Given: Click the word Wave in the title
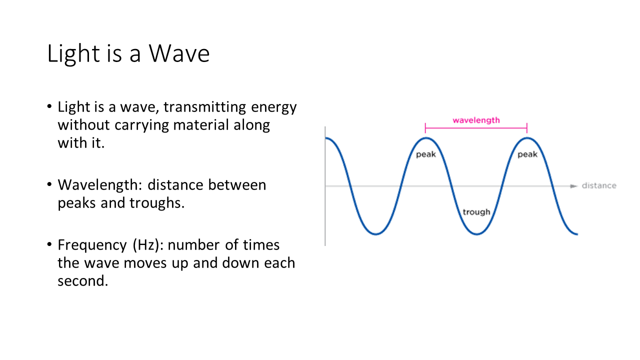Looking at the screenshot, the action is coord(179,53).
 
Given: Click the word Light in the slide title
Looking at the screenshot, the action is coord(73,54).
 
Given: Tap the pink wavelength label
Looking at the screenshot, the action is coord(476,120).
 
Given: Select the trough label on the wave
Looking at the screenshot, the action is coord(476,212).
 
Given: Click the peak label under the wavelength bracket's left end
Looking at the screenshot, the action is coord(425,154).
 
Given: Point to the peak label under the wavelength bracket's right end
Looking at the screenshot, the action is coord(527,154).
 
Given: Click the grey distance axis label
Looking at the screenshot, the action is coord(599,185).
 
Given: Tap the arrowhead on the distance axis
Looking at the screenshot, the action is coord(573,186).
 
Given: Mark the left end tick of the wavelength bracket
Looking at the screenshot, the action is coord(425,128).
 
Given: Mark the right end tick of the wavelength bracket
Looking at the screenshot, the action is coord(527,128).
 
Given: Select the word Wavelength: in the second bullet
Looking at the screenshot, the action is coord(100,185).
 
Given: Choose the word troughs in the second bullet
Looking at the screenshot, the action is coord(155,203).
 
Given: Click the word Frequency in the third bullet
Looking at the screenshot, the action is coord(92,245).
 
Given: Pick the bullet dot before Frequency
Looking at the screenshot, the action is coord(49,244).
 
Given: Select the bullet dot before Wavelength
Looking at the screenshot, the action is coord(49,184).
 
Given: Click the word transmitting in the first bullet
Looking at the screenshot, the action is coord(204,107).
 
